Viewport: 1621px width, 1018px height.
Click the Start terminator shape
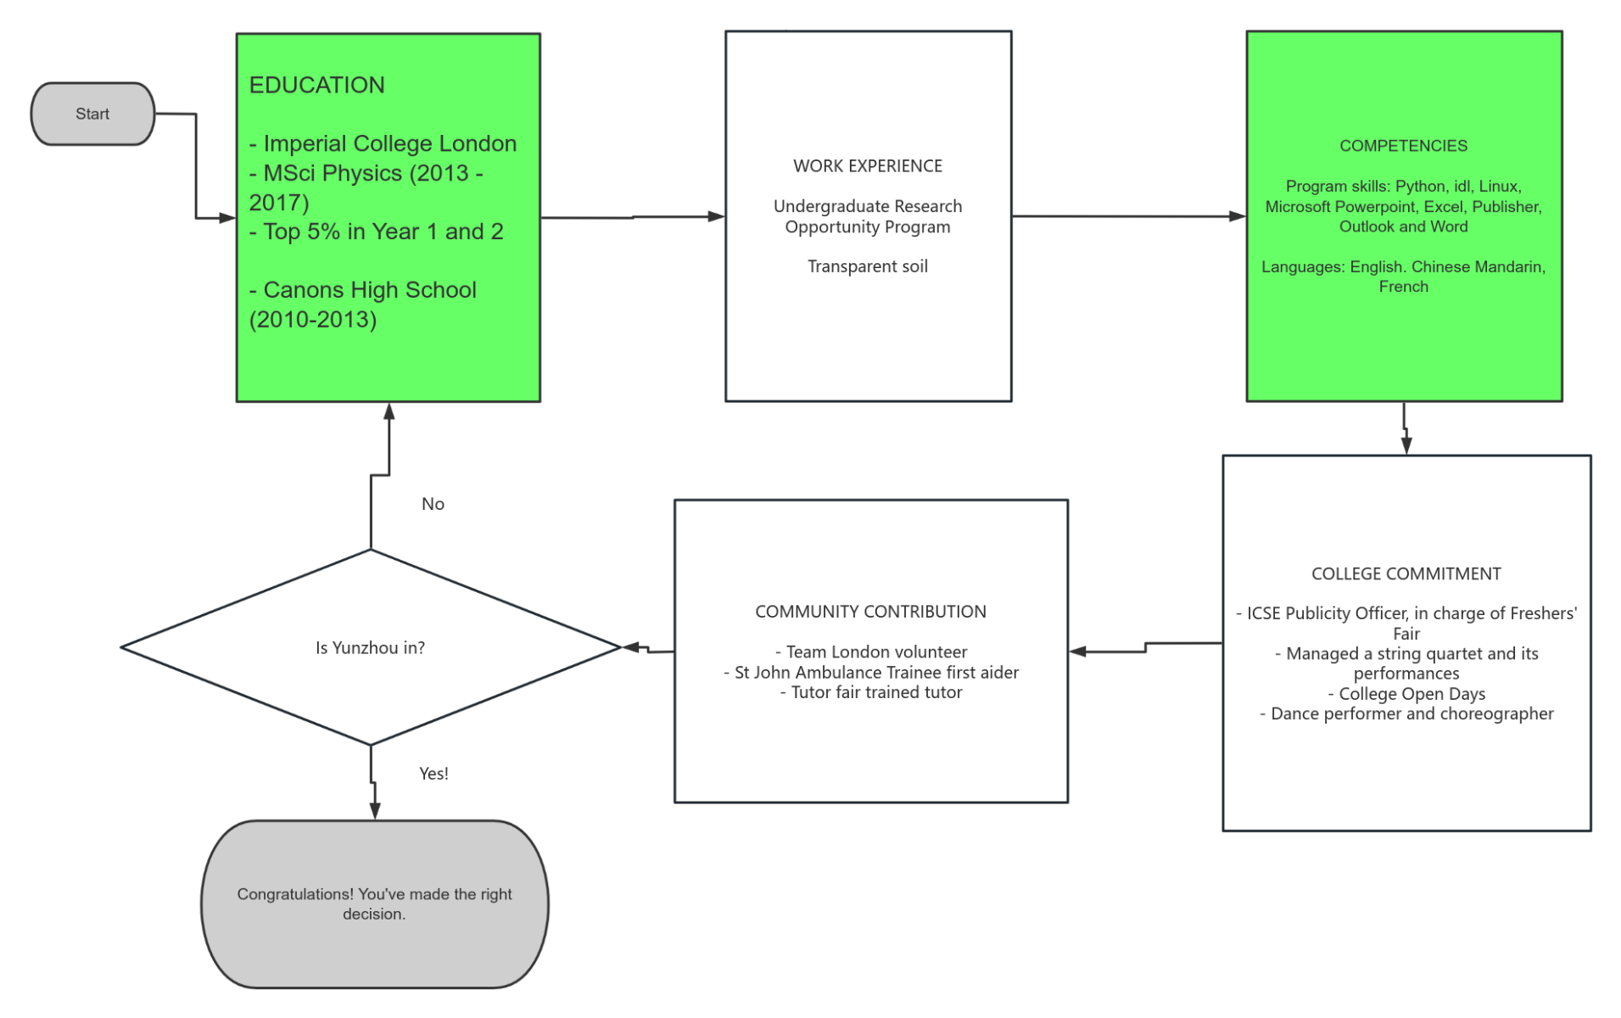(92, 114)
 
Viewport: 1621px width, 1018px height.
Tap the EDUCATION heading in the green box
(316, 85)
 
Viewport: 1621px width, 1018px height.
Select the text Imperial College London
(389, 143)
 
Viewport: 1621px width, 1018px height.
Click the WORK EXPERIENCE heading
(867, 166)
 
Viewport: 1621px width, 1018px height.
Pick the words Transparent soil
(867, 266)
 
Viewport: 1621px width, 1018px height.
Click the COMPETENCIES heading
(1402, 146)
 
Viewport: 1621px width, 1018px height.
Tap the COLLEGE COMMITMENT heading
(1406, 574)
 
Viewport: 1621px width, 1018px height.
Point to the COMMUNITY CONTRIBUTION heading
(870, 612)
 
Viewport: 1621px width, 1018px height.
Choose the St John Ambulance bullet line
(870, 673)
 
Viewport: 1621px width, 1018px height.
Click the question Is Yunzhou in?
(370, 648)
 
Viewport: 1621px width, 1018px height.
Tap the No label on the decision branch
(433, 504)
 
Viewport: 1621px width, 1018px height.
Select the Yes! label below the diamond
(433, 774)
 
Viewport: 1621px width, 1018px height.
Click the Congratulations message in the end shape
(374, 904)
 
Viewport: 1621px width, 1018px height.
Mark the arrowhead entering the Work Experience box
(717, 216)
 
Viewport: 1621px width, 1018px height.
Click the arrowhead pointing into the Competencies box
(1238, 216)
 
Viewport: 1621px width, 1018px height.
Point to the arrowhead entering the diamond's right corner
(631, 648)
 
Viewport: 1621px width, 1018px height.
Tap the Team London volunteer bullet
(870, 652)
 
